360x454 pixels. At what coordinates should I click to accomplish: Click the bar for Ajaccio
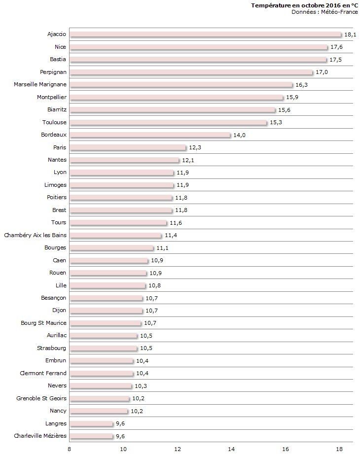(x=205, y=35)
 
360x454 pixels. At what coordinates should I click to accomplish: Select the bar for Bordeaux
(x=150, y=135)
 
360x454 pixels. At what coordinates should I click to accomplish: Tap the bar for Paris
(x=128, y=147)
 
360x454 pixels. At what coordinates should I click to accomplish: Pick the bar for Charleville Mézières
(x=91, y=436)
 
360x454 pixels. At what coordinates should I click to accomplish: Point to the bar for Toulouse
(x=168, y=122)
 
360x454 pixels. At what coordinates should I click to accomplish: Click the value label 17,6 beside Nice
(x=337, y=47)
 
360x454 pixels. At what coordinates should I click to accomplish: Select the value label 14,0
(x=240, y=135)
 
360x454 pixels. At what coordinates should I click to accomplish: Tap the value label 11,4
(x=171, y=236)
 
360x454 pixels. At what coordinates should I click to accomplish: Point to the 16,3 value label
(x=301, y=85)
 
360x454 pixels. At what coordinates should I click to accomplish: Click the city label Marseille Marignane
(x=40, y=84)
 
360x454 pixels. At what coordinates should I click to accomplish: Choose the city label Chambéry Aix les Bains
(x=35, y=235)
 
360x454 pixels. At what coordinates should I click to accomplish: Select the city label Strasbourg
(x=52, y=348)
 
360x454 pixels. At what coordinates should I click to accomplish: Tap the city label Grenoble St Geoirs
(x=41, y=398)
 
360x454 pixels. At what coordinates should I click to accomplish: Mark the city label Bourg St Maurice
(x=43, y=323)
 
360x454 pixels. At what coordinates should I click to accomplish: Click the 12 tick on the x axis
(x=178, y=449)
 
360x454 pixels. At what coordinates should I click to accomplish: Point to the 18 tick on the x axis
(x=339, y=449)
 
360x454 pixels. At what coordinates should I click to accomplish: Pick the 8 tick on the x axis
(x=70, y=449)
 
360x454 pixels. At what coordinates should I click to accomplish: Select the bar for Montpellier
(x=177, y=97)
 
